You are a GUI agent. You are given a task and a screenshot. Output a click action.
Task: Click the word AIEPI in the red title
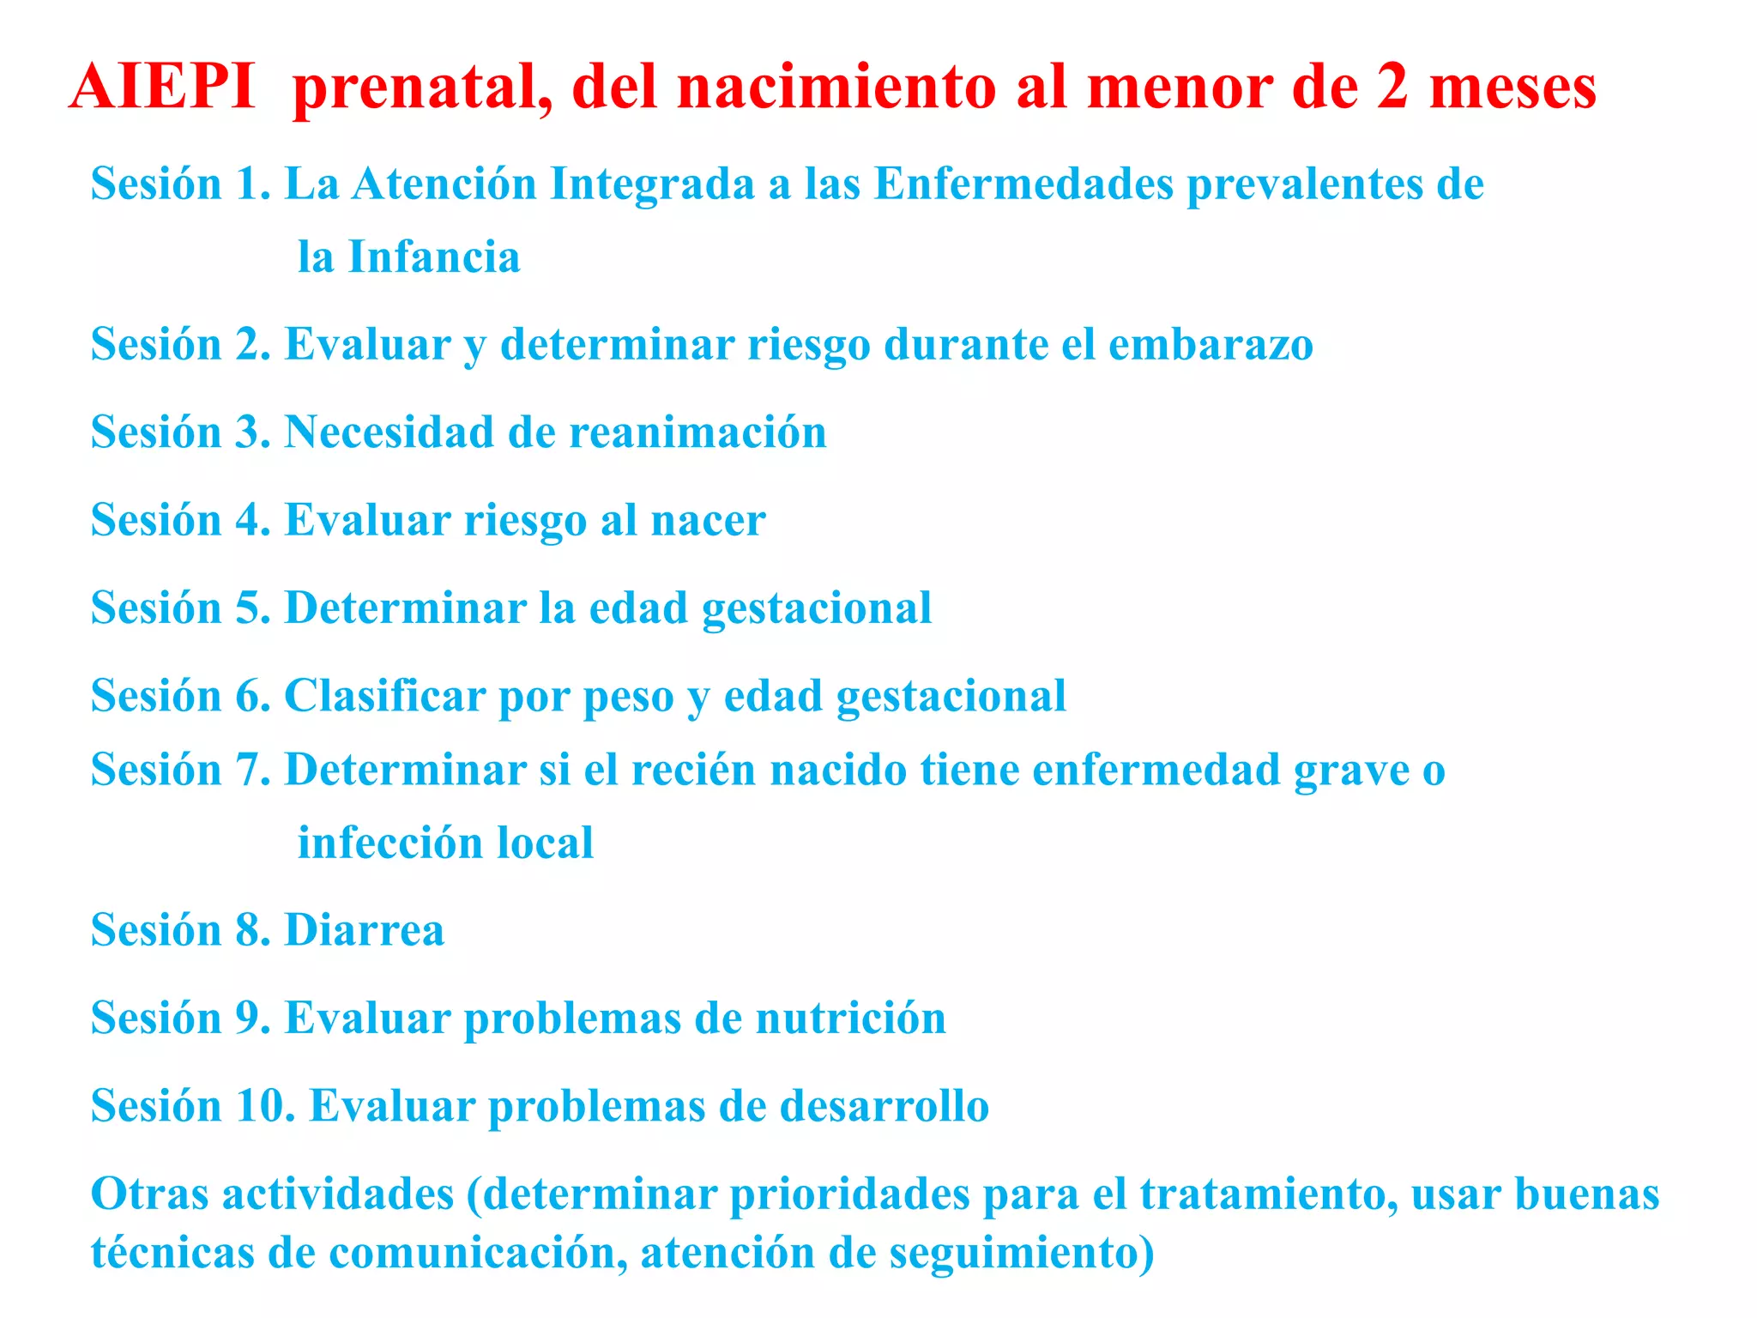tap(162, 87)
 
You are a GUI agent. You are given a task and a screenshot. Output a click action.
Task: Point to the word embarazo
tap(1211, 345)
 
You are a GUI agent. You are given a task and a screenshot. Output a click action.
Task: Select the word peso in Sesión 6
tap(628, 697)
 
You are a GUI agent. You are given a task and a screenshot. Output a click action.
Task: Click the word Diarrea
tap(365, 930)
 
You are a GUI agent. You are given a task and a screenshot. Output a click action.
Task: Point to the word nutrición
tap(850, 1019)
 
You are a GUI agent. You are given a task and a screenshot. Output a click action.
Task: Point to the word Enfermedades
tap(1023, 184)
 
